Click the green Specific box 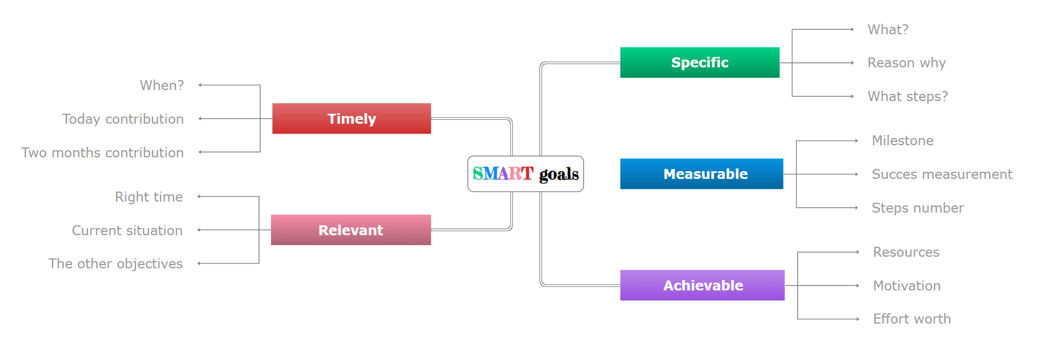coord(700,62)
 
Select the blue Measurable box coord(701,174)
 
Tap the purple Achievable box coord(702,285)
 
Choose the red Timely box coord(351,119)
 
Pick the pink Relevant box coord(351,230)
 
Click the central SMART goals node coord(526,174)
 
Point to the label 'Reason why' coord(907,63)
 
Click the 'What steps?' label coord(908,97)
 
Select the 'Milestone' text coord(903,141)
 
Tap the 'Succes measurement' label coord(942,174)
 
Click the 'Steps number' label coord(918,208)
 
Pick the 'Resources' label coord(906,252)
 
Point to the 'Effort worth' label coord(912,319)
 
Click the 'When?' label coord(162,85)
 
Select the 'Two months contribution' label coord(103,152)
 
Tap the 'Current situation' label coord(127,230)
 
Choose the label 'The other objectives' coord(115,264)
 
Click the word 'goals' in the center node coord(559,174)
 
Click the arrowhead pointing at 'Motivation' coord(857,285)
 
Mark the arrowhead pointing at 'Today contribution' coord(200,119)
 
